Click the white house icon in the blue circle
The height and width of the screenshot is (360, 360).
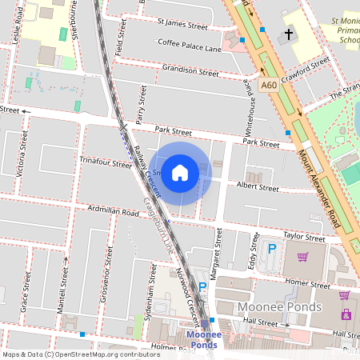pos(180,173)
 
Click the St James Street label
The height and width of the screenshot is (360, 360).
pos(182,26)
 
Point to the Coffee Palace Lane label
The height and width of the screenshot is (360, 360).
pos(189,46)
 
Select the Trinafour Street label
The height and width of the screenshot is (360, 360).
pos(105,163)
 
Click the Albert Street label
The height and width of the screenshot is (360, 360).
pos(258,188)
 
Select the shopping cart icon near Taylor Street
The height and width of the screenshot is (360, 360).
pos(302,257)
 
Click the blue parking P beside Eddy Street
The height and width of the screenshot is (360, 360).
pos(271,249)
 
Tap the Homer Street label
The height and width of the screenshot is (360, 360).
pos(307,282)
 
